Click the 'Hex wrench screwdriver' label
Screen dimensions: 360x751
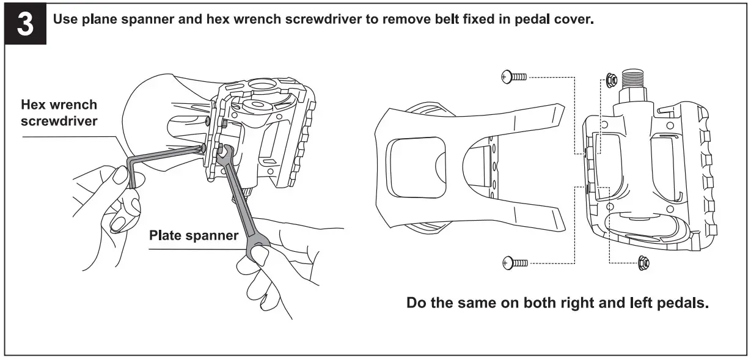click(59, 113)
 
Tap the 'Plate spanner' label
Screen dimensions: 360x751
click(194, 236)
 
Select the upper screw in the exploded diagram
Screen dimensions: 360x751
click(514, 76)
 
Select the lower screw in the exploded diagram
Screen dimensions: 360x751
click(514, 263)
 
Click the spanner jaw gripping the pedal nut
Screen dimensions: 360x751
click(224, 154)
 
